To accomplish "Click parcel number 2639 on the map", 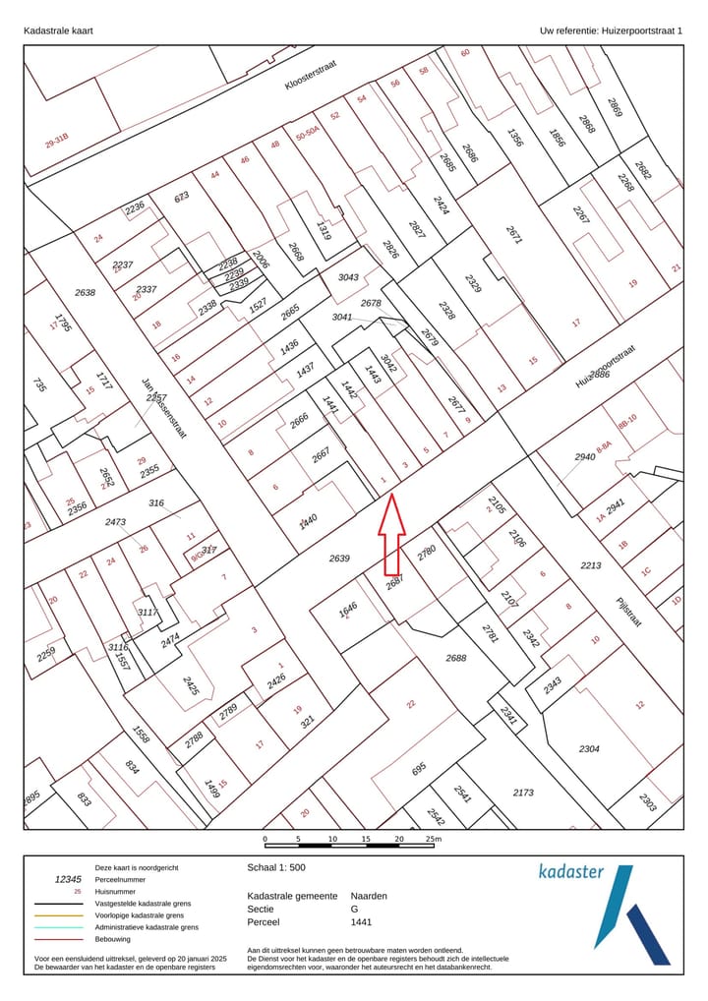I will click(339, 559).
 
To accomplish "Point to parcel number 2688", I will click(456, 658).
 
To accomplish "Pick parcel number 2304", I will click(589, 749).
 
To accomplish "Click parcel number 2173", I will click(523, 792).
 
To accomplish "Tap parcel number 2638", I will click(86, 292).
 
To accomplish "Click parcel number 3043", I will click(348, 278).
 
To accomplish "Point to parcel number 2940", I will click(586, 456).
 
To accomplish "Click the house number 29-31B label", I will click(57, 142).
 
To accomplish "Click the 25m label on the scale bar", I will click(434, 839).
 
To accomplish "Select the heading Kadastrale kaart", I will click(58, 31).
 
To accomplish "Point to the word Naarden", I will click(369, 897).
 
